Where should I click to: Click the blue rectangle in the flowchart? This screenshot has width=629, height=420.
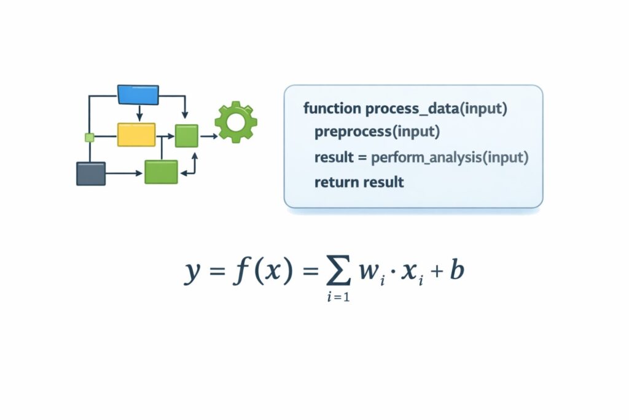point(138,94)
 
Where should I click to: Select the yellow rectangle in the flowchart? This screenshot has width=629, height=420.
point(136,134)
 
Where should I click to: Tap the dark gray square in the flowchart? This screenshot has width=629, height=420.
point(90,173)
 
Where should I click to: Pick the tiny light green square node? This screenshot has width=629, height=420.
point(89,137)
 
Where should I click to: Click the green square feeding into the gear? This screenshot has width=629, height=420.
point(186,135)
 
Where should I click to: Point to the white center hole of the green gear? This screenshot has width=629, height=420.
point(235,122)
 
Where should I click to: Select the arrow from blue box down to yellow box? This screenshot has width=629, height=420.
point(139,113)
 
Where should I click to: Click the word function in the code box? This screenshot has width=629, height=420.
point(332,109)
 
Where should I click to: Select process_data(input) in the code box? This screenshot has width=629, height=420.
point(436,109)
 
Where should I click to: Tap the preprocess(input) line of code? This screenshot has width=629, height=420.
point(377,132)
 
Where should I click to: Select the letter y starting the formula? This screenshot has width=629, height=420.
point(192,272)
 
